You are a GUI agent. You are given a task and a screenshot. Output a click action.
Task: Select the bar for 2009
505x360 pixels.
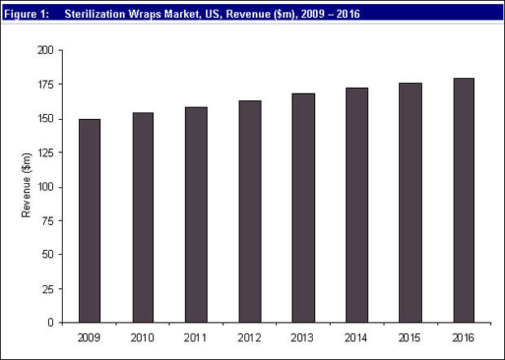[x=90, y=221]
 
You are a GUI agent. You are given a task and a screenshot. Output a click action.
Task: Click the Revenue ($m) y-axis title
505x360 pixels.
[x=27, y=186]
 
